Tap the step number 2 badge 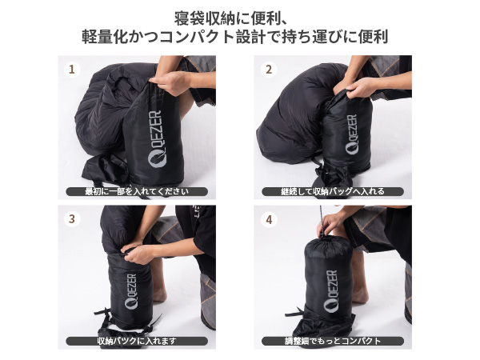coord(268,69)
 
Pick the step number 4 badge coord(268,218)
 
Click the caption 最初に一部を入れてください coord(137,192)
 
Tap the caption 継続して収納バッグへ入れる coord(333,192)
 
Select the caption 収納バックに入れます coord(137,341)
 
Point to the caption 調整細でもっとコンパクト coord(333,341)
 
